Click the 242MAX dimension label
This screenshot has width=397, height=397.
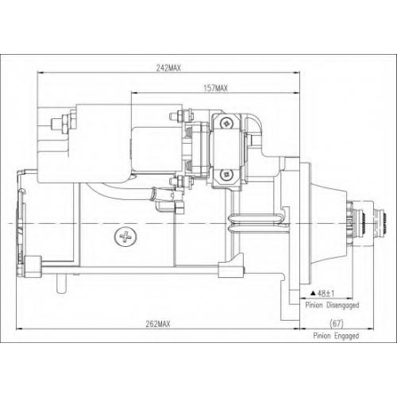(168, 68)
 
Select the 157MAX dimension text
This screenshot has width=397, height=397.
(215, 88)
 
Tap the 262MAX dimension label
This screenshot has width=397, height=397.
(158, 324)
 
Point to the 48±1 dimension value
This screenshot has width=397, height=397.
(326, 293)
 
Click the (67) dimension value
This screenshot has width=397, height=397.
(337, 323)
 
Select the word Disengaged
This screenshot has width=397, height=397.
(343, 305)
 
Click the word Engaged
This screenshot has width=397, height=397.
(347, 336)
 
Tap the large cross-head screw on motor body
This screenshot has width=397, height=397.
(125, 237)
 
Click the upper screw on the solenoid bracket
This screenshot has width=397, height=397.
(227, 122)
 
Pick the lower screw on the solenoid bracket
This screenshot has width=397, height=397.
(227, 174)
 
